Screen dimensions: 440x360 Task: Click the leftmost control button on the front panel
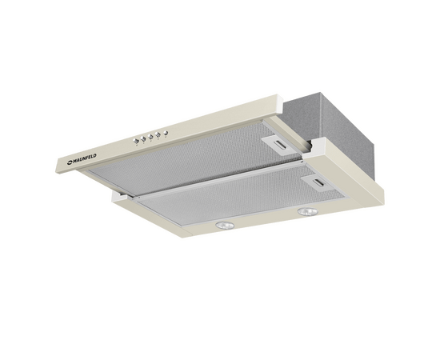[136, 141]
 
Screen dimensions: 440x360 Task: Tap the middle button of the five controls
[150, 137]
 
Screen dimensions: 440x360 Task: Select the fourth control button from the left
[158, 134]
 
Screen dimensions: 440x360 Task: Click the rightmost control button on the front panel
[166, 133]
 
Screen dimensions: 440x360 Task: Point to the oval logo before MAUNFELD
[70, 162]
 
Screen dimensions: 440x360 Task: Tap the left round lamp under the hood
[225, 225]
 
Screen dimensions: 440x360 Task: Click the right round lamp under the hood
[308, 212]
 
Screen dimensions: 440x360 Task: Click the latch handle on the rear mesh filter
[280, 145]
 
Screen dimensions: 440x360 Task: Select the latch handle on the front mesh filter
[319, 183]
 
